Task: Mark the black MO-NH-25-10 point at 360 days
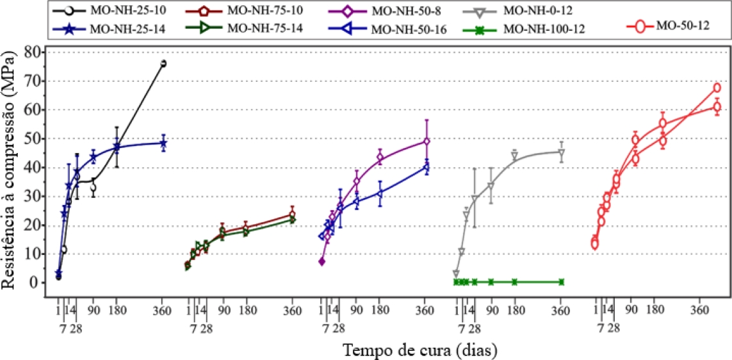(163, 63)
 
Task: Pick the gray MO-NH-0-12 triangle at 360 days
(561, 152)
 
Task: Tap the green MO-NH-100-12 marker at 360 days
(561, 282)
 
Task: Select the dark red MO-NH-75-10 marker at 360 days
(292, 215)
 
